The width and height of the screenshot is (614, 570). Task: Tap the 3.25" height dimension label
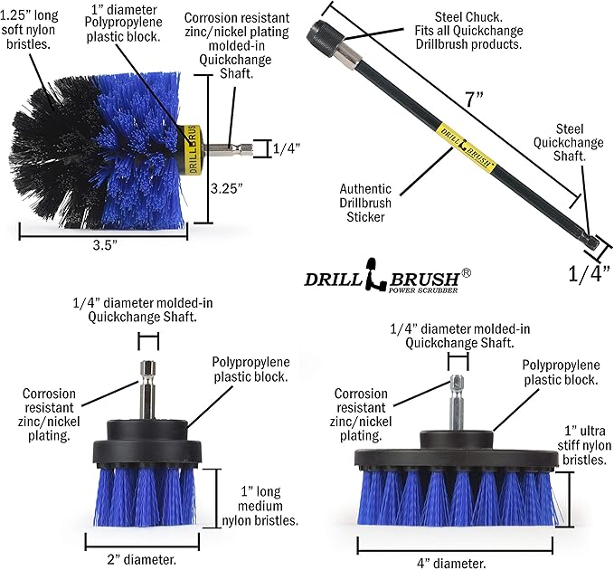[x=229, y=189]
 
